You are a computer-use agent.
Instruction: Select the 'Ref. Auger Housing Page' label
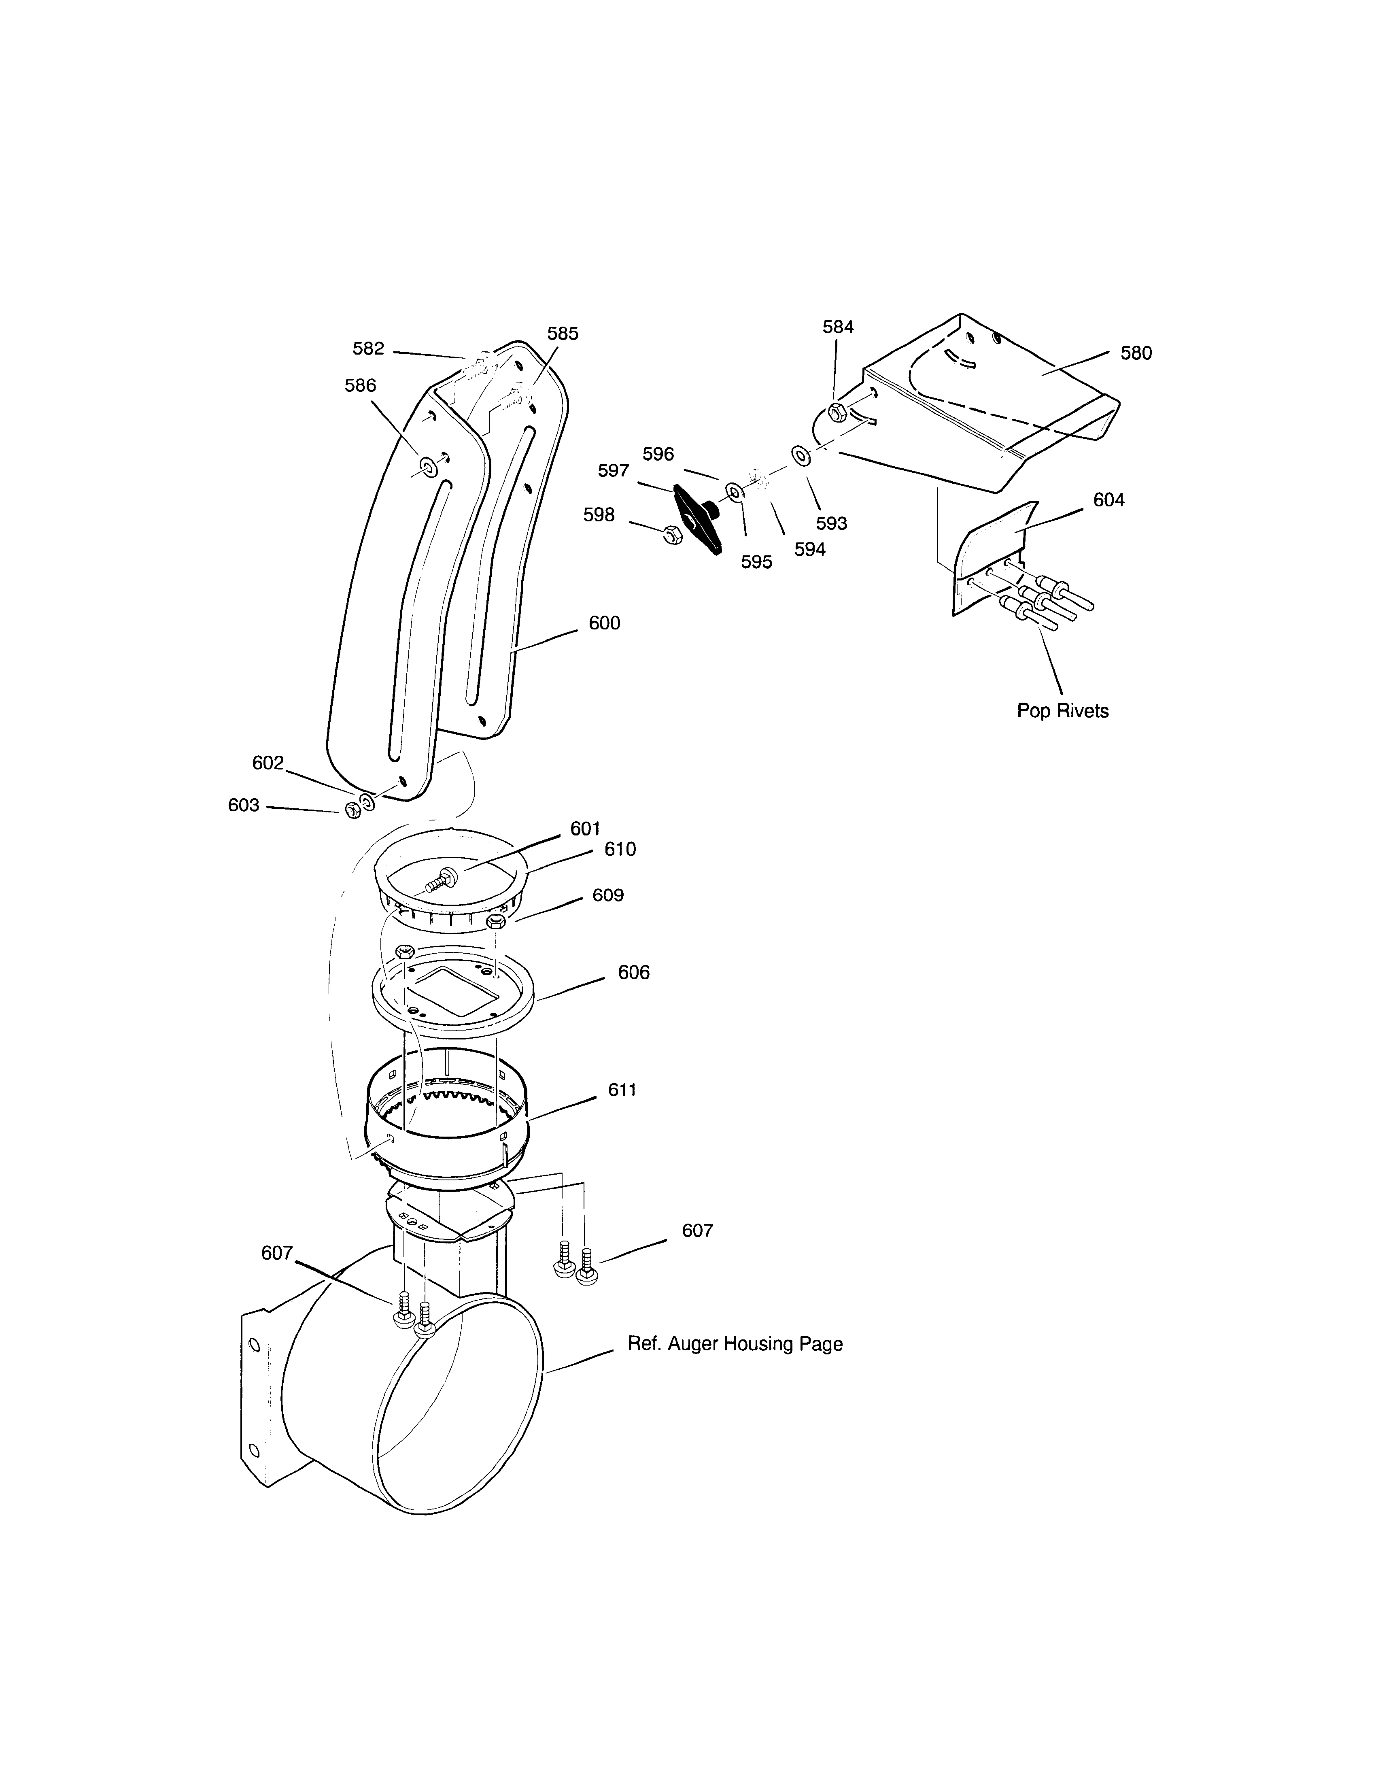[735, 1343]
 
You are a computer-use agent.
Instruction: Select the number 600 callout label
[604, 623]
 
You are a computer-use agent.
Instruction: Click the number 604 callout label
[1108, 500]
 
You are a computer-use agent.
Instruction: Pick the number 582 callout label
[367, 348]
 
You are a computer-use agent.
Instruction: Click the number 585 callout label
[563, 334]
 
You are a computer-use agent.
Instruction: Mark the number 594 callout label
[809, 550]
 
